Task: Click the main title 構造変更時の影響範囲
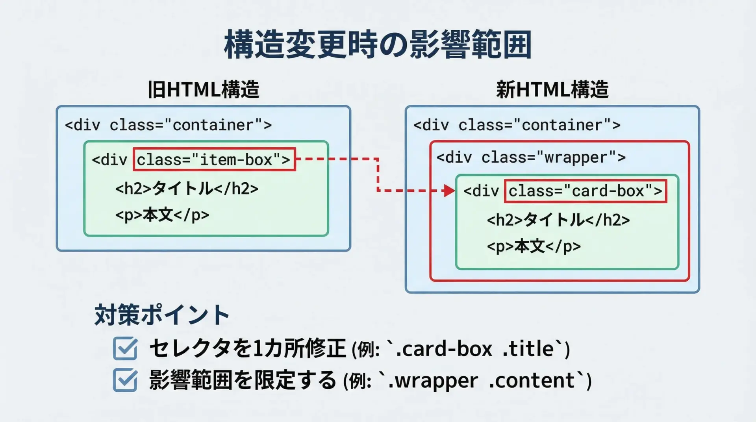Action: click(x=378, y=44)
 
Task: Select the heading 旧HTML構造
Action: click(x=203, y=89)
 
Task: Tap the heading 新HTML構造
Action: click(x=552, y=89)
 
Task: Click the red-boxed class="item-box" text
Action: click(x=214, y=159)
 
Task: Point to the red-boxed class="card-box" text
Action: click(x=585, y=191)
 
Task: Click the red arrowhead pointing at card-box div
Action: click(x=449, y=191)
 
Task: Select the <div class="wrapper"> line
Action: click(x=531, y=157)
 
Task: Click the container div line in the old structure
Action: click(x=168, y=125)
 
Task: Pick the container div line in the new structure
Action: click(x=517, y=125)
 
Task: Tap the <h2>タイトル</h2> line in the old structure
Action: click(x=187, y=189)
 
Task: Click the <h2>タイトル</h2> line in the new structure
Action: click(x=558, y=220)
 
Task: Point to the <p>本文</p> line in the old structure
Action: click(x=162, y=215)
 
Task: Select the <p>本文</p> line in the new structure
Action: click(x=534, y=246)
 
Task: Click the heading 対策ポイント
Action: click(x=162, y=315)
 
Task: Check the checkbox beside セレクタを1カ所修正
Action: click(x=125, y=348)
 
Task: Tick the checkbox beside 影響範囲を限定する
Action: click(x=125, y=380)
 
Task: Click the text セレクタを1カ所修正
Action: click(x=247, y=349)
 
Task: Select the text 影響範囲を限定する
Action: click(x=243, y=380)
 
